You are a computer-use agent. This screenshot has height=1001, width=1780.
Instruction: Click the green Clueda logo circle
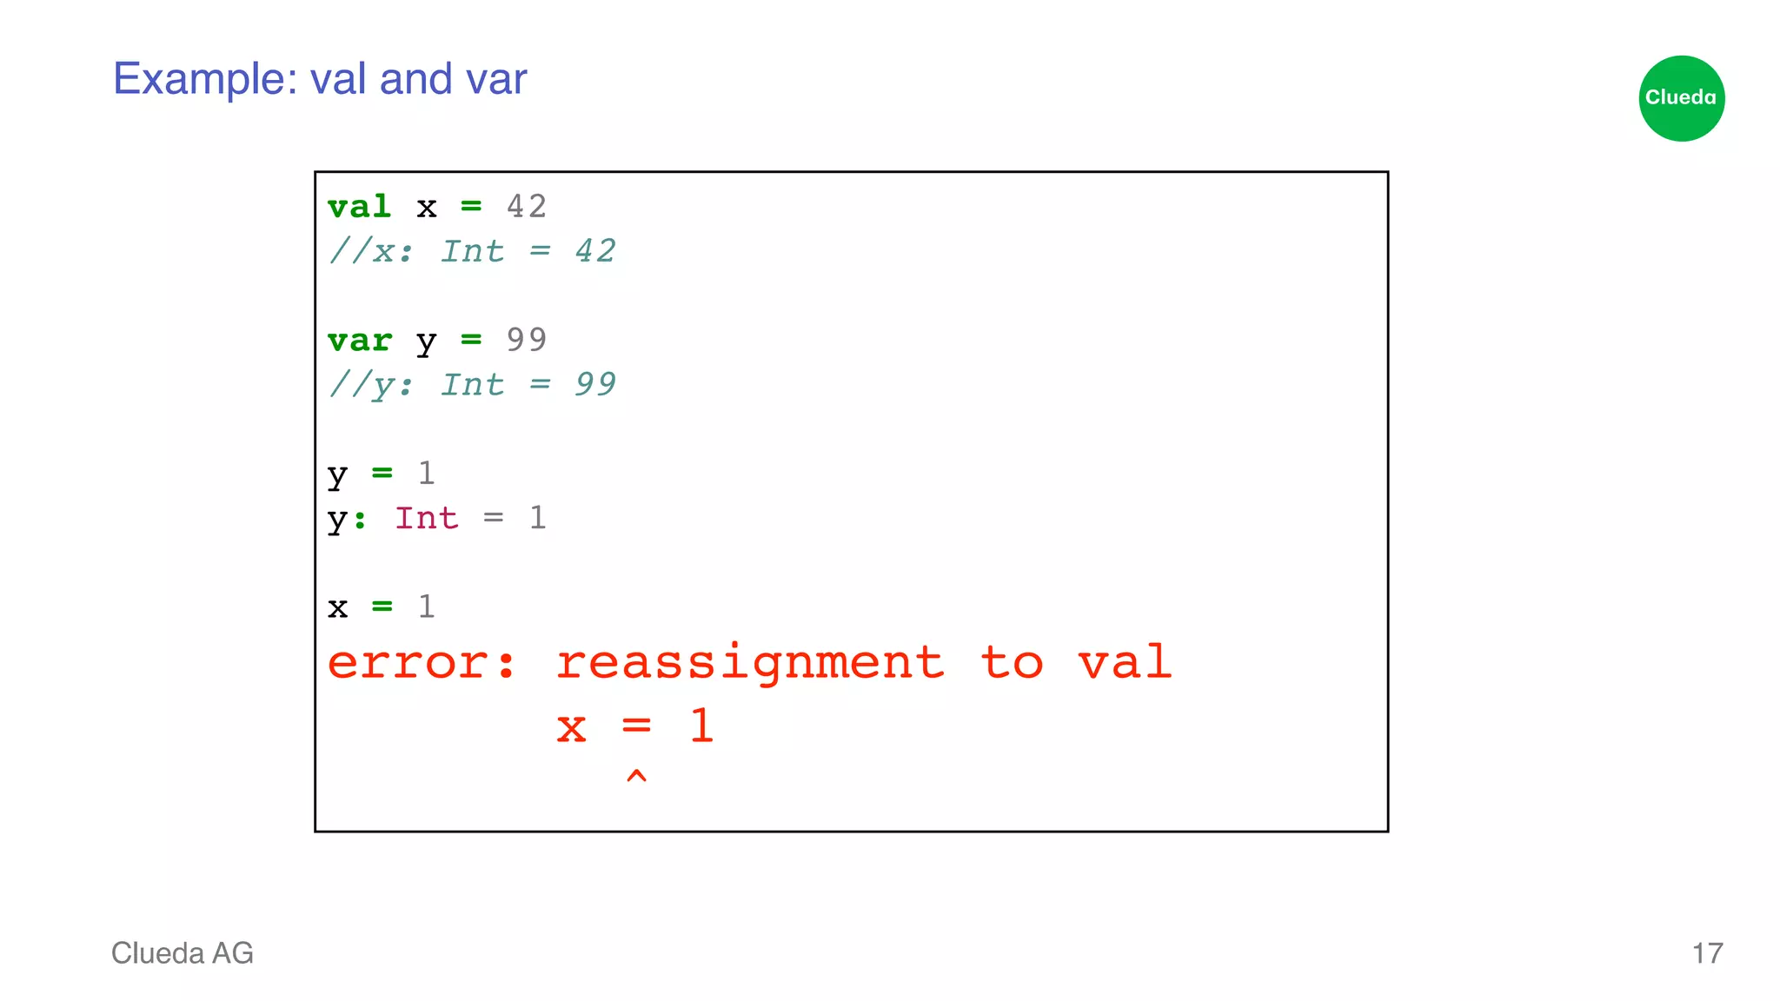[1681, 98]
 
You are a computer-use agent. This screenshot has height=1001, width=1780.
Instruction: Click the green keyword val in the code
[359, 207]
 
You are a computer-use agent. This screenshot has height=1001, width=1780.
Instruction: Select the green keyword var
[359, 341]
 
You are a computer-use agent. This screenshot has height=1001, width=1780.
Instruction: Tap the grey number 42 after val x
[527, 207]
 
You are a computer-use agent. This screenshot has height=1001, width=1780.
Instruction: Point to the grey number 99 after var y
[527, 340]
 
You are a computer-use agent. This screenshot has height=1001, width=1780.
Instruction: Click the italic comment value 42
[595, 251]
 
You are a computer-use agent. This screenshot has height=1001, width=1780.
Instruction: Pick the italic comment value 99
[595, 384]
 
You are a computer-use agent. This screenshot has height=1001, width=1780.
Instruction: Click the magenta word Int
[426, 518]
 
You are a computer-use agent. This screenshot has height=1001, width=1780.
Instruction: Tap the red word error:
[422, 663]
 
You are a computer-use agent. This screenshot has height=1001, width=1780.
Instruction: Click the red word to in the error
[1012, 663]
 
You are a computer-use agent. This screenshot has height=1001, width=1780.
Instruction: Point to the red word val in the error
[1126, 662]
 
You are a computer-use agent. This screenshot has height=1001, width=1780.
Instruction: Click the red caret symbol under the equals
[636, 776]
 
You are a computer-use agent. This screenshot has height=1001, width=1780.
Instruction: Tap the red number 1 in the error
[701, 726]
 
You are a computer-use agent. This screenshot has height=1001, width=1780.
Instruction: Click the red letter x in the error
[571, 728]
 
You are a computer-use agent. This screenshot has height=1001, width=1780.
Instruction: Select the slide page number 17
[1707, 953]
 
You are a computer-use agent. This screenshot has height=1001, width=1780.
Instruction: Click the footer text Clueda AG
[183, 953]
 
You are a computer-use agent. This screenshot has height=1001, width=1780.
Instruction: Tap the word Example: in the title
[205, 80]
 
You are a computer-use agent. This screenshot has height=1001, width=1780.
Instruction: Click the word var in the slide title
[496, 80]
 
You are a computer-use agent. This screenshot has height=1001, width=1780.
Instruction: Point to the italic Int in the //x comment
[472, 251]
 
